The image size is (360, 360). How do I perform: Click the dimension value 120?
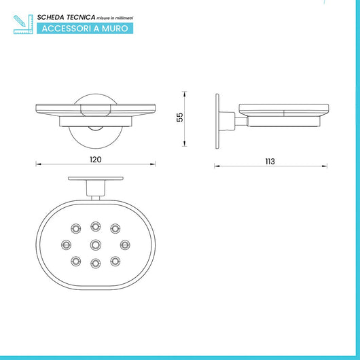pos(96,160)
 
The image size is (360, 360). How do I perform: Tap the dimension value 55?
pos(180,117)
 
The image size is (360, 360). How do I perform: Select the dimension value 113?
pos(270,162)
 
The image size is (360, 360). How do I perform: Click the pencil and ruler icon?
pos(23,24)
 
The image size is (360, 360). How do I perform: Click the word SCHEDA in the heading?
pos(50,18)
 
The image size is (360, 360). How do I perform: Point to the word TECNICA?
pos(81,18)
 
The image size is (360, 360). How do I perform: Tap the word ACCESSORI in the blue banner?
pos(67,29)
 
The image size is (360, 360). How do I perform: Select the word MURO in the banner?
pos(115,29)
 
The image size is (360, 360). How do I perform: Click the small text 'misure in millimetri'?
pos(115,18)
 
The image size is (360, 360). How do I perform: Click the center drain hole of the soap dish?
pos(96,245)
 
